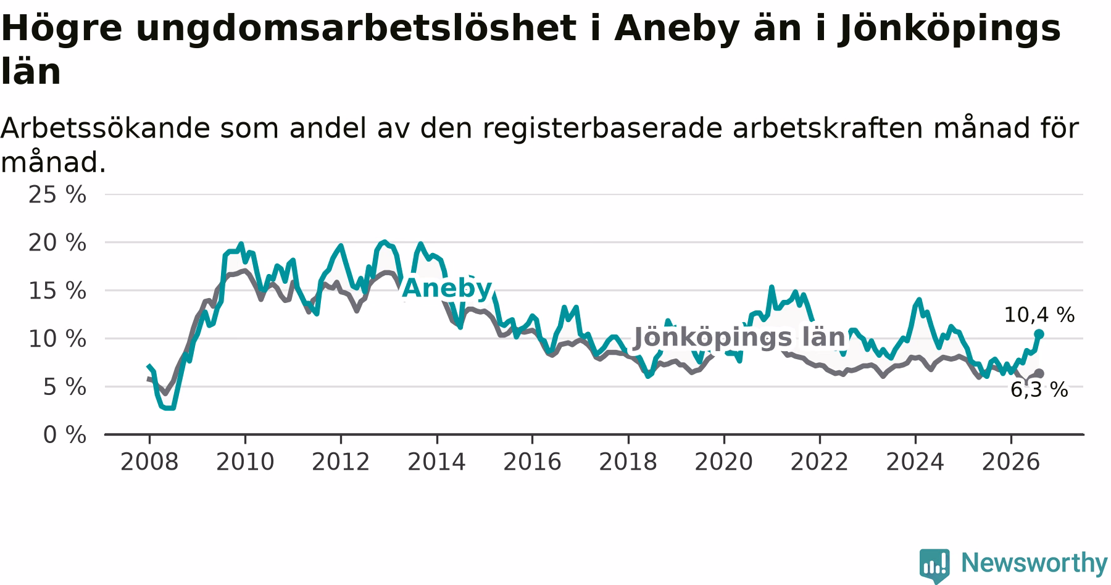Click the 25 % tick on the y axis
coord(57,195)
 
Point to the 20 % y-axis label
coord(57,243)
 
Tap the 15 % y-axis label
coord(57,291)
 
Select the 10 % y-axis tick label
coord(57,339)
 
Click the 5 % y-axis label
coord(64,387)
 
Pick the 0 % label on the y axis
coord(64,435)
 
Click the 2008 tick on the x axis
coord(149,462)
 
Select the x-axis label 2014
coord(436,462)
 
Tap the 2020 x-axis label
coord(724,462)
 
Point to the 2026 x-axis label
coord(1011,462)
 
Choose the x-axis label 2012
coord(341,462)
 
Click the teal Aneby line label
coord(447,288)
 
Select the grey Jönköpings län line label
coord(739,338)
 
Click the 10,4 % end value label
coord(1039,315)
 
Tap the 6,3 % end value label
coord(1039,390)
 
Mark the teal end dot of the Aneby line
coord(1039,334)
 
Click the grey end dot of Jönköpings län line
coord(1039,373)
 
